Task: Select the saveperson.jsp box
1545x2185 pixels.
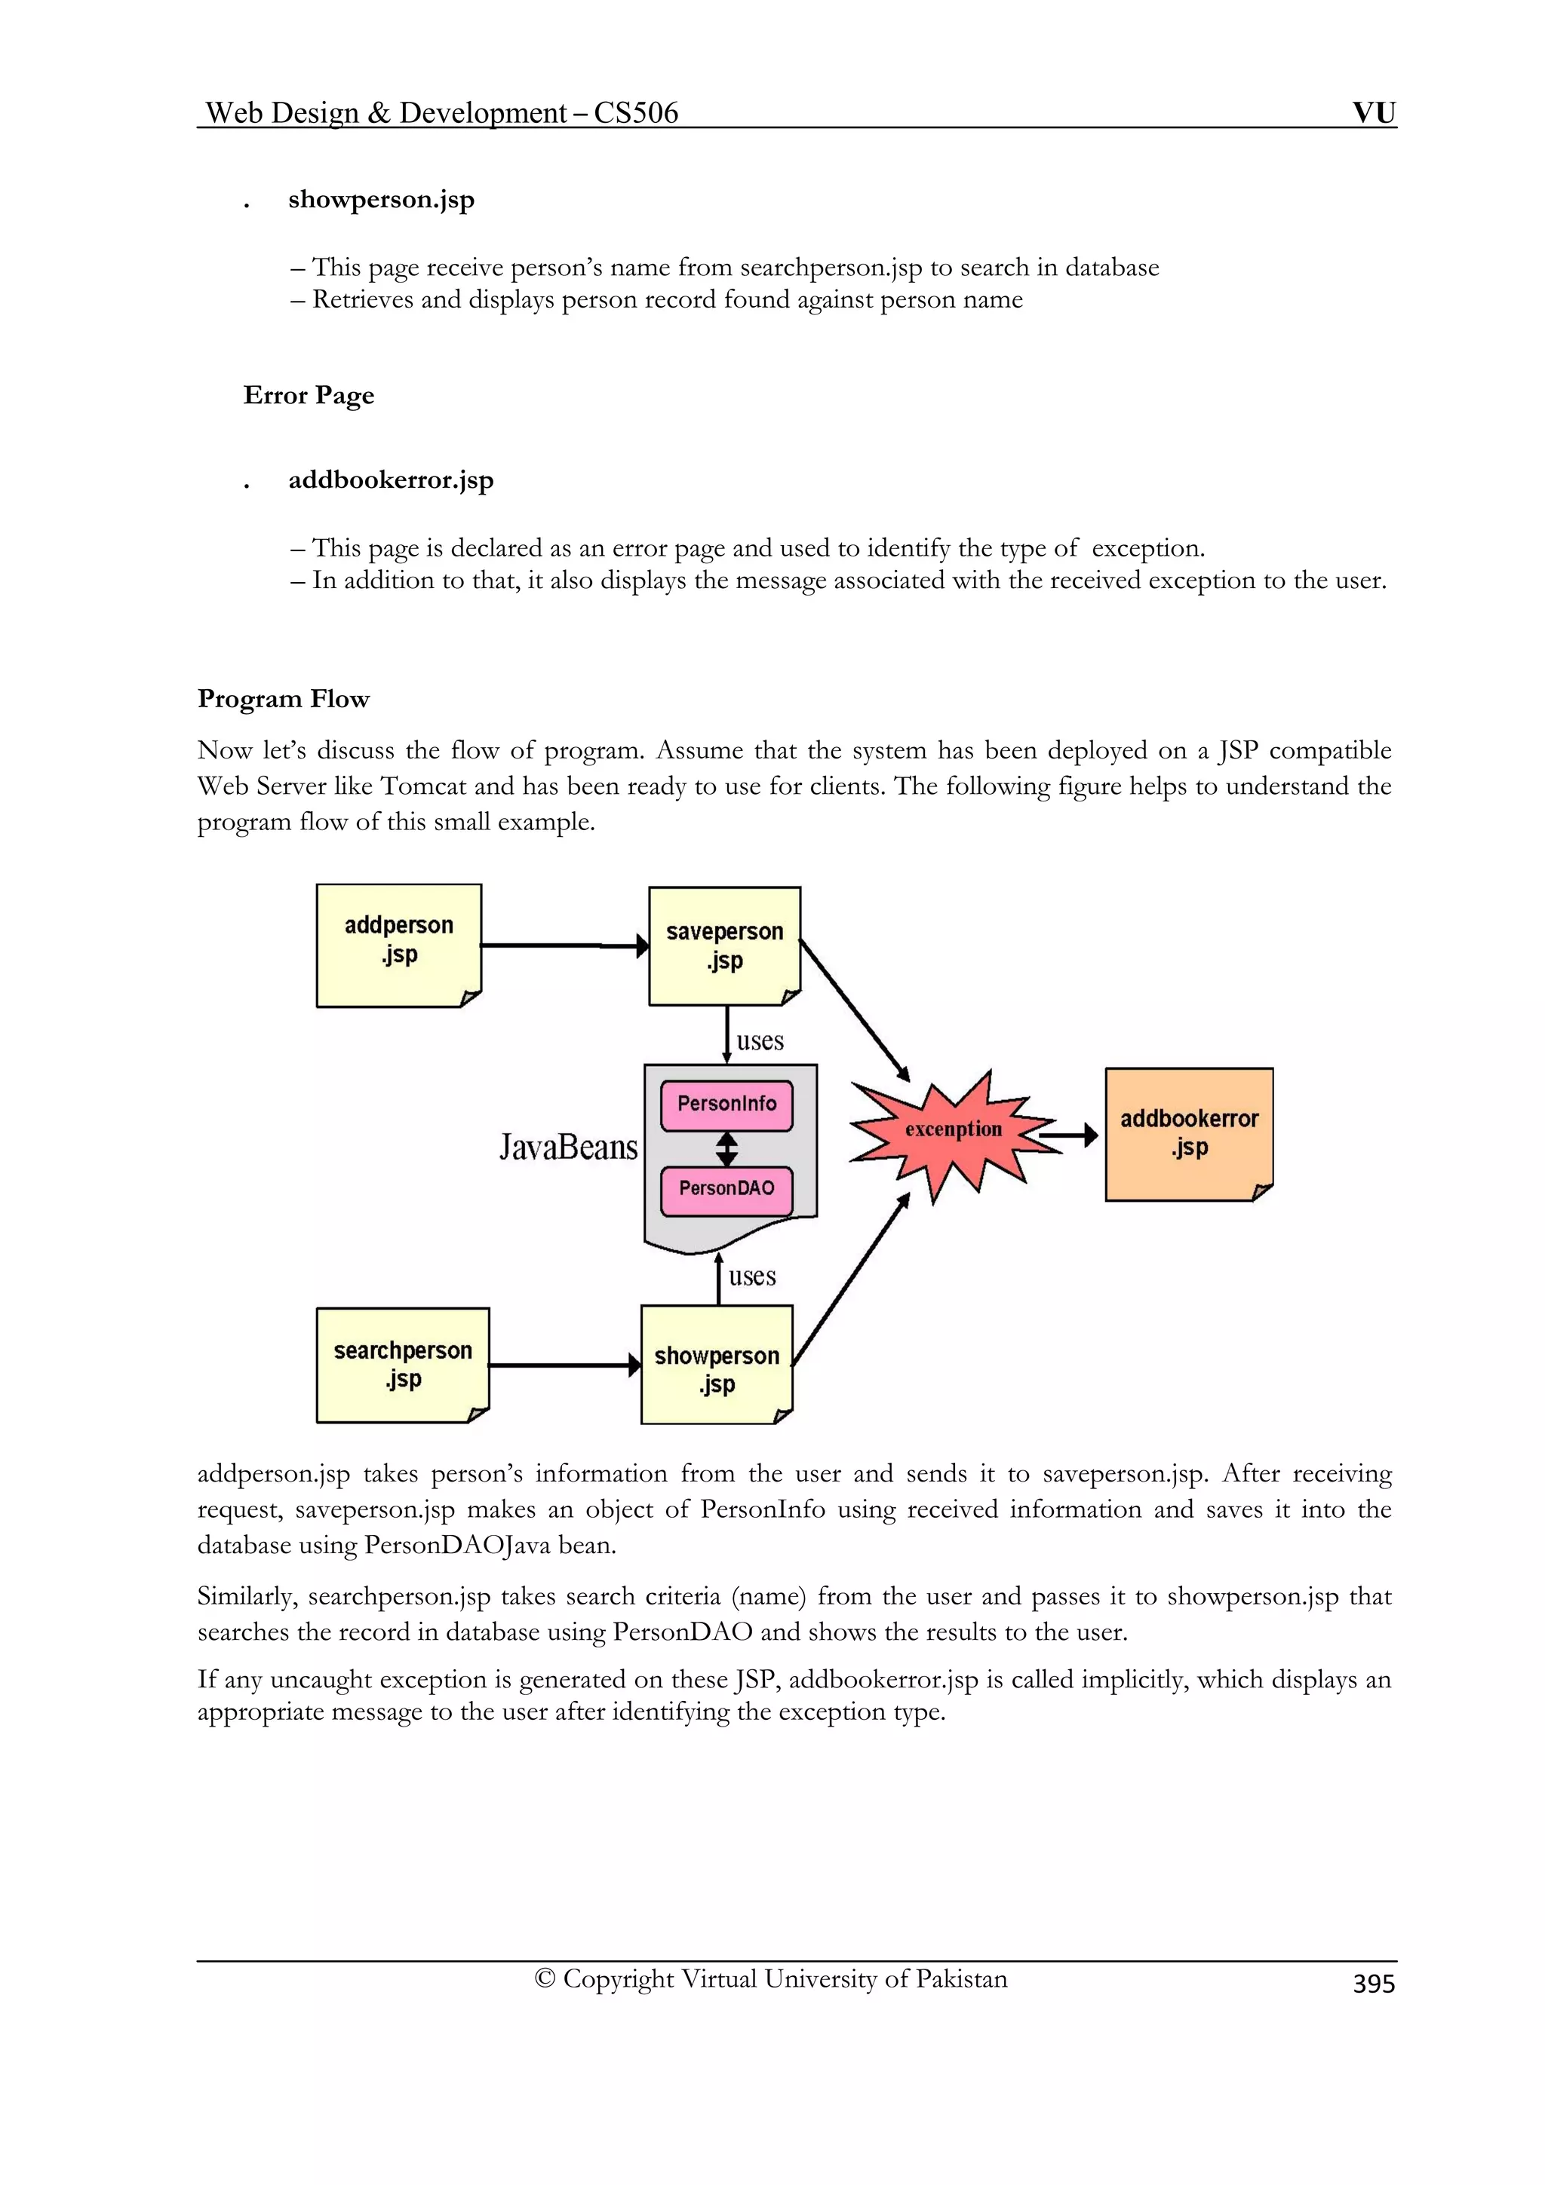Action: [x=723, y=946]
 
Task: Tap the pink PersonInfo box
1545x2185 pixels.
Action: [x=726, y=1105]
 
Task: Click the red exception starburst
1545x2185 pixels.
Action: [x=952, y=1132]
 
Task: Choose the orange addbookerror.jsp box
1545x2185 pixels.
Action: [x=1188, y=1133]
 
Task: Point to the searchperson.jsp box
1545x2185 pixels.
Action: [x=402, y=1365]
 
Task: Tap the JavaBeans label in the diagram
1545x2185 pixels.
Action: [x=568, y=1148]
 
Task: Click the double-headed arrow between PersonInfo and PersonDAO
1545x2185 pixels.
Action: [x=726, y=1148]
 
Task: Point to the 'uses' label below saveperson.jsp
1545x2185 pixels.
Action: [x=760, y=1041]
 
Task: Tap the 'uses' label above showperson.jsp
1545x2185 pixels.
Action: [x=752, y=1277]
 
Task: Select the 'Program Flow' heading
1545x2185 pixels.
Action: [x=283, y=700]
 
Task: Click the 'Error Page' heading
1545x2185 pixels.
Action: [x=309, y=396]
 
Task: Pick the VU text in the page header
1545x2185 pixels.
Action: [x=1374, y=112]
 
